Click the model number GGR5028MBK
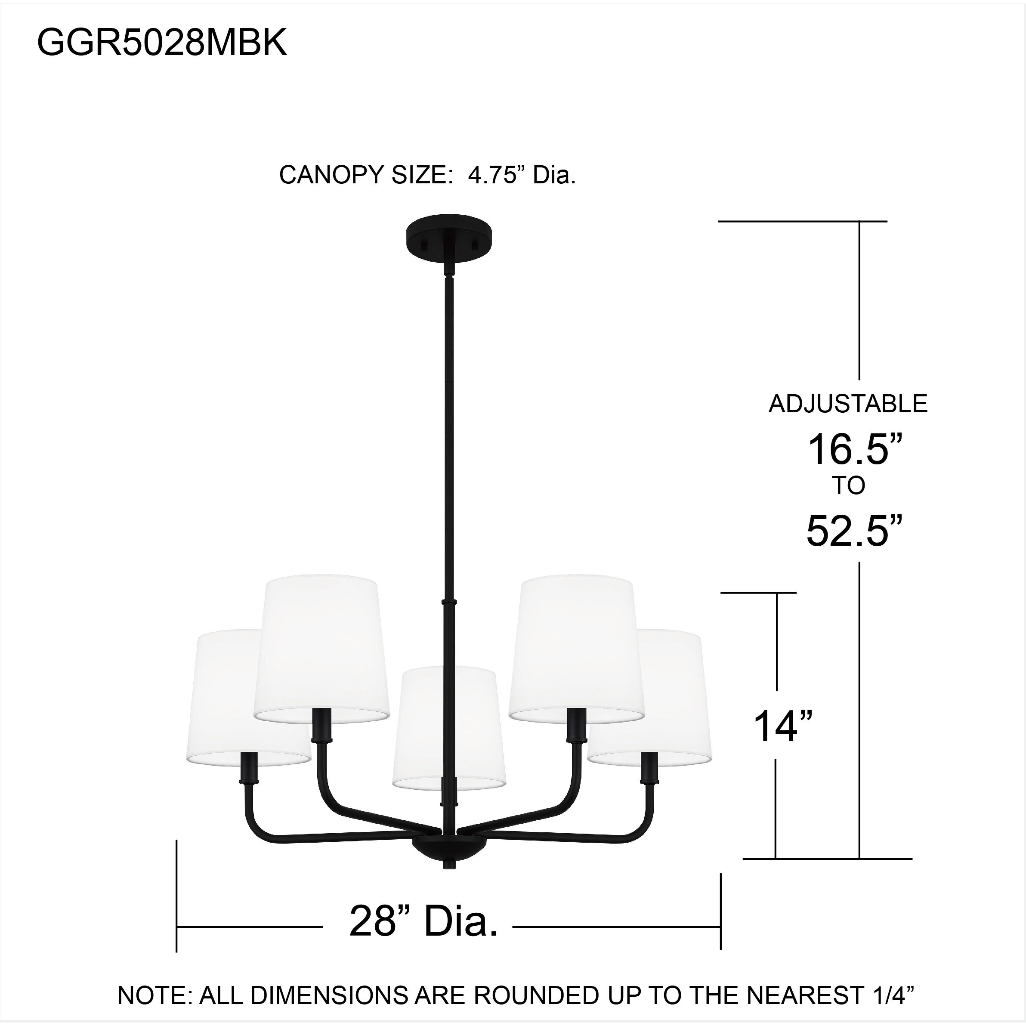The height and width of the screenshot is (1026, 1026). [162, 43]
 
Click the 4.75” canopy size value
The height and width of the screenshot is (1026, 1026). [492, 175]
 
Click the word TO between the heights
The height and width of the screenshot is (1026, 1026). [849, 486]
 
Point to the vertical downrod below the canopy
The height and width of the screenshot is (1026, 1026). [449, 425]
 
